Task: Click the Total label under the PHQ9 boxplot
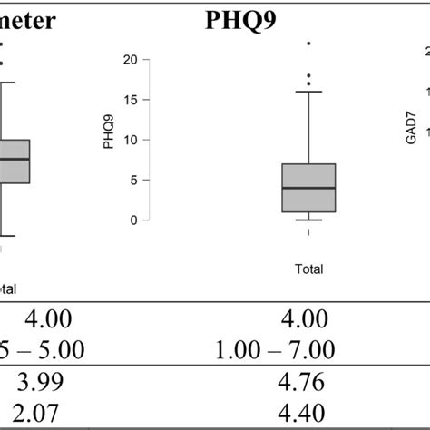[309, 269]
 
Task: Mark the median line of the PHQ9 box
[309, 188]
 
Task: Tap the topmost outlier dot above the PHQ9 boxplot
[309, 44]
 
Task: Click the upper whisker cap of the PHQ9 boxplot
[309, 92]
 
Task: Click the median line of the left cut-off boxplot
[15, 159]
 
